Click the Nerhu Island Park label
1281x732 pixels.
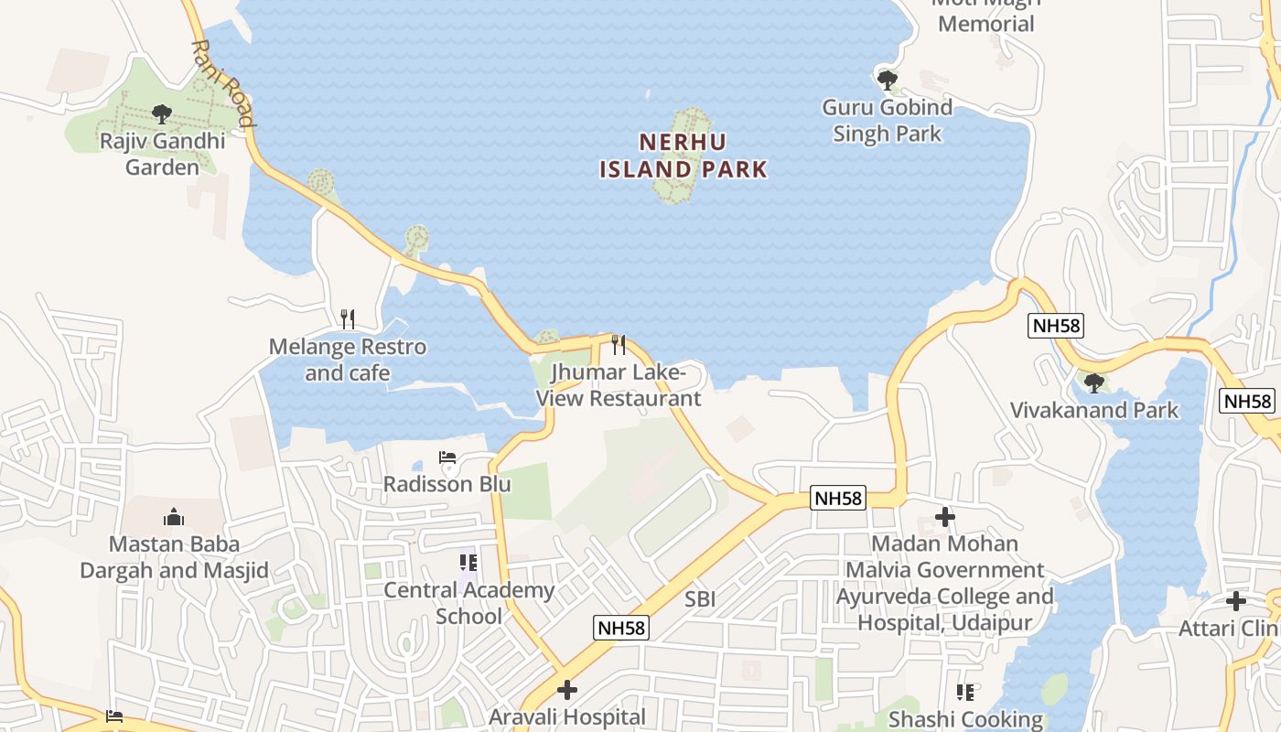pos(684,156)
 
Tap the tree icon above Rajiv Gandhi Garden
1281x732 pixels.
pos(162,114)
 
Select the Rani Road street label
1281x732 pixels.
pos(222,82)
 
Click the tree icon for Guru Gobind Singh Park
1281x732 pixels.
pos(887,80)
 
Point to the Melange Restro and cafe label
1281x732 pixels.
pos(348,360)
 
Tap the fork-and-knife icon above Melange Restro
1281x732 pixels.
pos(347,318)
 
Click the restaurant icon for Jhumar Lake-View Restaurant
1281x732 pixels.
pos(619,344)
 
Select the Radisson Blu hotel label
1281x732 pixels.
pos(447,484)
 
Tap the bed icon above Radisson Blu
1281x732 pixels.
pos(447,457)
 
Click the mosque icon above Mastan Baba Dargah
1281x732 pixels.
pos(174,518)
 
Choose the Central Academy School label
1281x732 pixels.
pos(468,603)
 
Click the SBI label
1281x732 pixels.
pos(700,599)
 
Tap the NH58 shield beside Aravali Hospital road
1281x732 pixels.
pos(621,628)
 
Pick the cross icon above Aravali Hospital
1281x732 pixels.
pos(567,689)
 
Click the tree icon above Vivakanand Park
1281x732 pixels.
pos(1093,382)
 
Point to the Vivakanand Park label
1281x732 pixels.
pos(1094,410)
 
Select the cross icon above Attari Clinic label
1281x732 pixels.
pos(1235,601)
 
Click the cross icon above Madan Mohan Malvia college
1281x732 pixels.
pos(945,518)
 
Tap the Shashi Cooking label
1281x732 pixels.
pos(965,719)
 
